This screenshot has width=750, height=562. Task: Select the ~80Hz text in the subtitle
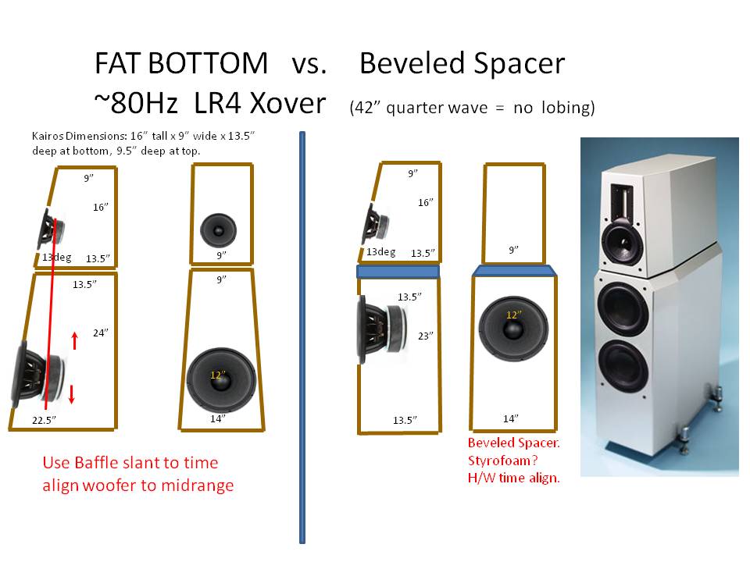pyautogui.click(x=136, y=103)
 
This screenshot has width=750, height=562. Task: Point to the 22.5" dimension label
pyautogui.click(x=44, y=420)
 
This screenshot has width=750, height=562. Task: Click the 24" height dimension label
pyautogui.click(x=101, y=333)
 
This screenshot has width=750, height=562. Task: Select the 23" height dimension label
pyautogui.click(x=425, y=336)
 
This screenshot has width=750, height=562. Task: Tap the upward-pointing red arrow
pyautogui.click(x=75, y=341)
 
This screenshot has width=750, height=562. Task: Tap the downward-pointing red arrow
pyautogui.click(x=72, y=394)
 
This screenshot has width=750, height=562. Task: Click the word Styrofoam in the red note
pyautogui.click(x=499, y=461)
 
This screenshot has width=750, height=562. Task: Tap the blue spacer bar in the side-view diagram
pyautogui.click(x=398, y=272)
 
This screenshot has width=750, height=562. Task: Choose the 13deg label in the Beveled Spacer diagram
pyautogui.click(x=381, y=252)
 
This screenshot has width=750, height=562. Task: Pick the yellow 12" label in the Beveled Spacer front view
pyautogui.click(x=514, y=315)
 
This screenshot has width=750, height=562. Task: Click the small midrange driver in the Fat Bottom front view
pyautogui.click(x=218, y=229)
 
